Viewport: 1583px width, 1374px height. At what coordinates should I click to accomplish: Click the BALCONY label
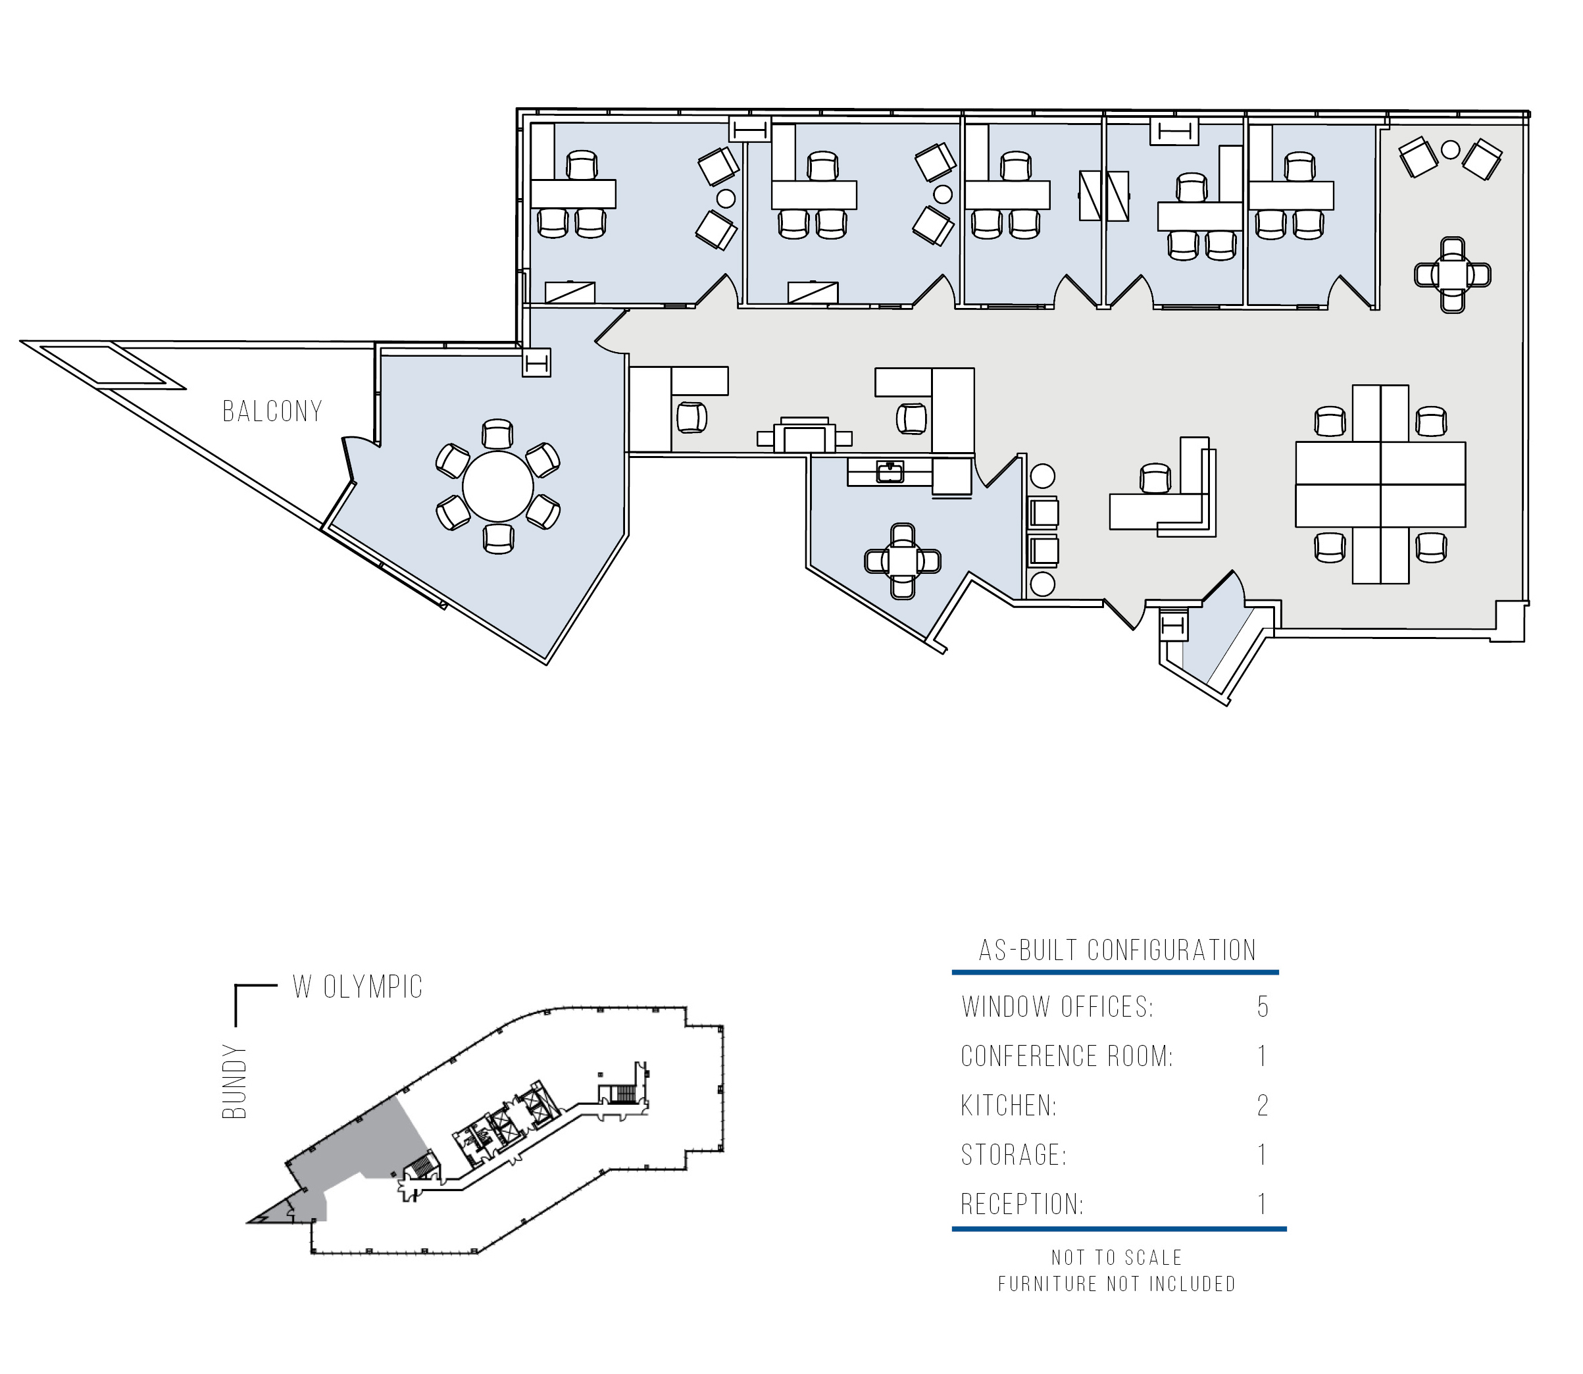tap(272, 411)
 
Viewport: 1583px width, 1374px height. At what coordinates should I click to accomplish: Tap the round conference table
tap(497, 486)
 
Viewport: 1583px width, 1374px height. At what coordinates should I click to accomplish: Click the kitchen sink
tap(890, 472)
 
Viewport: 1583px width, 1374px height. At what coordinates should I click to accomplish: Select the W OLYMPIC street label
tap(357, 987)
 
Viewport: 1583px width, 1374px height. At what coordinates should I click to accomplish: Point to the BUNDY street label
tap(235, 1081)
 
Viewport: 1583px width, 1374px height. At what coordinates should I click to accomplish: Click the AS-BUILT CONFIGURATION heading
tap(1117, 950)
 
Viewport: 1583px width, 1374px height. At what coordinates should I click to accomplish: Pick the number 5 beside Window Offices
tap(1263, 1007)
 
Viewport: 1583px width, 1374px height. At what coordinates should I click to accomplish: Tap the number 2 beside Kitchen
tap(1263, 1105)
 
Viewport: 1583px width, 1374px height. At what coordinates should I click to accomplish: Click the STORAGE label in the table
tap(1013, 1155)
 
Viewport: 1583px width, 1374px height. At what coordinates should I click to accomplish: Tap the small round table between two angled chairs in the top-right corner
tap(1449, 149)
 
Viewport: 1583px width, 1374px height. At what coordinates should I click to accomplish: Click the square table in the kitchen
tap(902, 561)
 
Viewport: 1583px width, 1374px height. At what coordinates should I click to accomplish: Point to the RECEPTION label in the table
tap(1022, 1204)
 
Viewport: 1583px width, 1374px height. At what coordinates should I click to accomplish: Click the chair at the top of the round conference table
tap(497, 434)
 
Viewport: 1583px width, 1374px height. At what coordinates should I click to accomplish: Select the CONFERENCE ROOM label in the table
tap(1067, 1056)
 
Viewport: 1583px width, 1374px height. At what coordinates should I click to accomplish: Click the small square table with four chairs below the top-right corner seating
tap(1452, 274)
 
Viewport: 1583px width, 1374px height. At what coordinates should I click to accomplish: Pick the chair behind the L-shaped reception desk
tap(1155, 478)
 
